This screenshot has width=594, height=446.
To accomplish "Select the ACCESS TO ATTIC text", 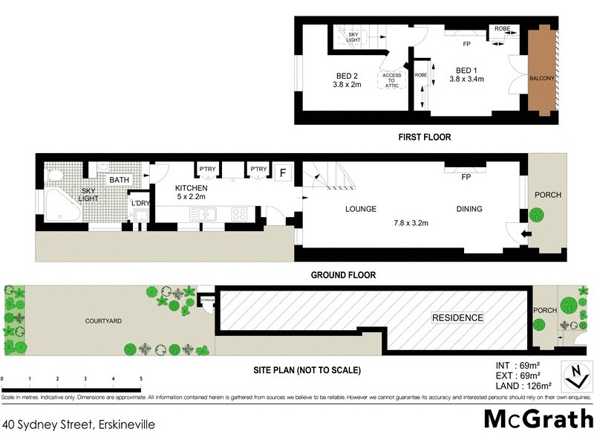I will click(391, 80).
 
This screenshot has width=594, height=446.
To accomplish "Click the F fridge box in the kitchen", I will click(281, 173).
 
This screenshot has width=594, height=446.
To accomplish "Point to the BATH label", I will click(119, 180).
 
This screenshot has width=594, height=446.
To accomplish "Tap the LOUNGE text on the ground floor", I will click(361, 210).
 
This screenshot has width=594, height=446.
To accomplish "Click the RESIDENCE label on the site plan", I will click(458, 318).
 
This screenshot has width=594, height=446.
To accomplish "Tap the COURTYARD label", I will click(103, 320).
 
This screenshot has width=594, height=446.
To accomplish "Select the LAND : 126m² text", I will click(523, 385).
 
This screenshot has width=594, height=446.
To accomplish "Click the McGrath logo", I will click(538, 418).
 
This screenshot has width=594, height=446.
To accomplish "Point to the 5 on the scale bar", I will click(140, 379).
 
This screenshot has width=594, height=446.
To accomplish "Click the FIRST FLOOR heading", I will click(424, 138).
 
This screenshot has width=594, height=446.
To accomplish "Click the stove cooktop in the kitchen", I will click(240, 214).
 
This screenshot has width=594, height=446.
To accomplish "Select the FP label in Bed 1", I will click(467, 44).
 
